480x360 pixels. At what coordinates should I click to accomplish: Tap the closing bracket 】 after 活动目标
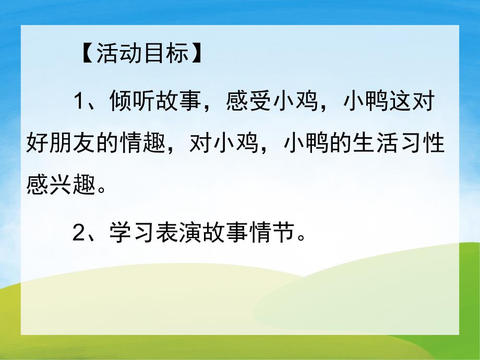(x=197, y=55)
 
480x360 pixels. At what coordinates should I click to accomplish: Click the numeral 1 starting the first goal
(x=79, y=101)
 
